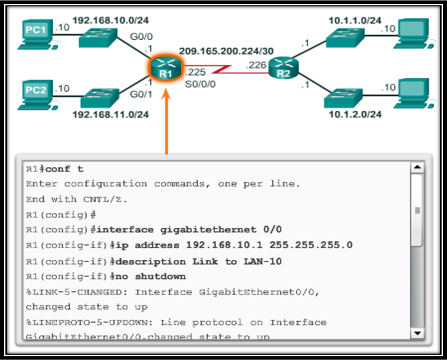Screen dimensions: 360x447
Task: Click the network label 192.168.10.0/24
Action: coord(110,20)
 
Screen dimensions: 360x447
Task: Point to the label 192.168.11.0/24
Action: coord(110,114)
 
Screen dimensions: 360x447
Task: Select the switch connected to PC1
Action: coord(97,38)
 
